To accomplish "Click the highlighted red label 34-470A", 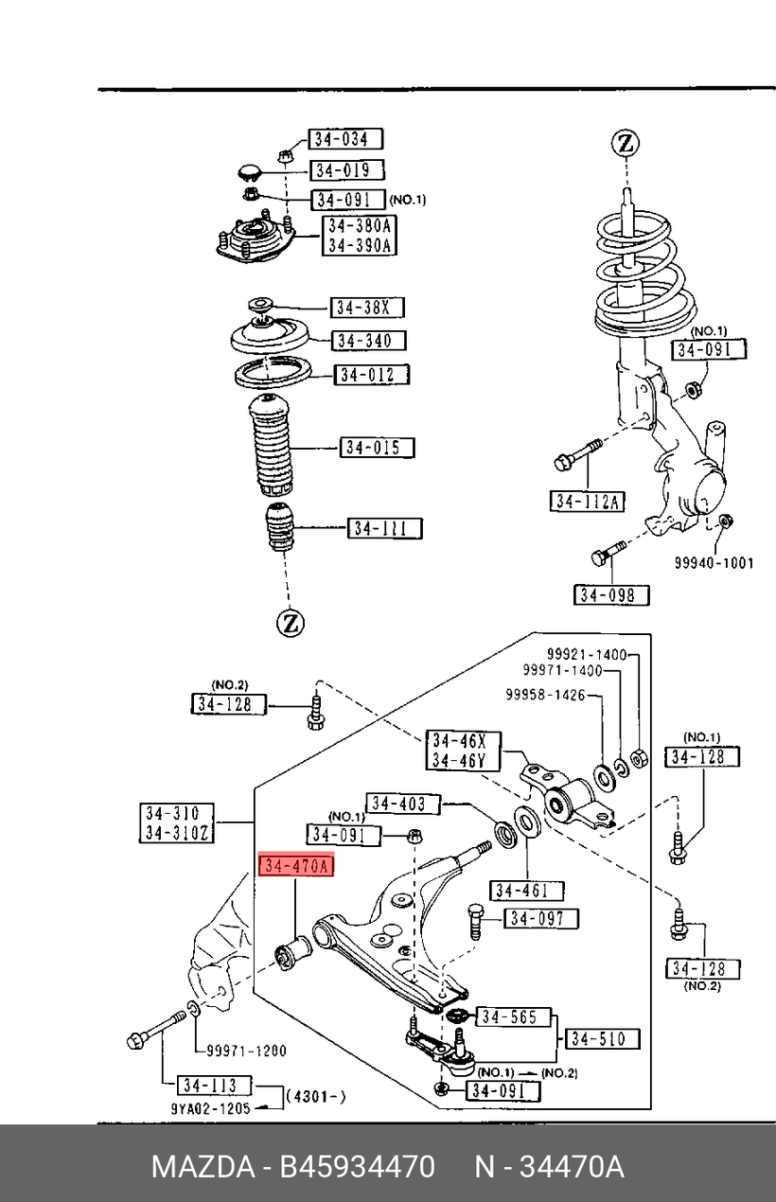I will tap(297, 866).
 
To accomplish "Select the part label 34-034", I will tap(344, 140).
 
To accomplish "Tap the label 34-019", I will tap(346, 170).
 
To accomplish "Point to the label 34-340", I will tap(369, 341).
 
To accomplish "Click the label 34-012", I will tap(372, 375).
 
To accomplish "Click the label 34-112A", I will tap(587, 502).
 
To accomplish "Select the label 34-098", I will tap(611, 595).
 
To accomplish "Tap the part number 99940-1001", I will tap(714, 563).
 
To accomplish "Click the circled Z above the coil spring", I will tap(625, 144).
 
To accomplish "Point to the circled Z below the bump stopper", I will tap(291, 623).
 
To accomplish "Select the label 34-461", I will tap(526, 891).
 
